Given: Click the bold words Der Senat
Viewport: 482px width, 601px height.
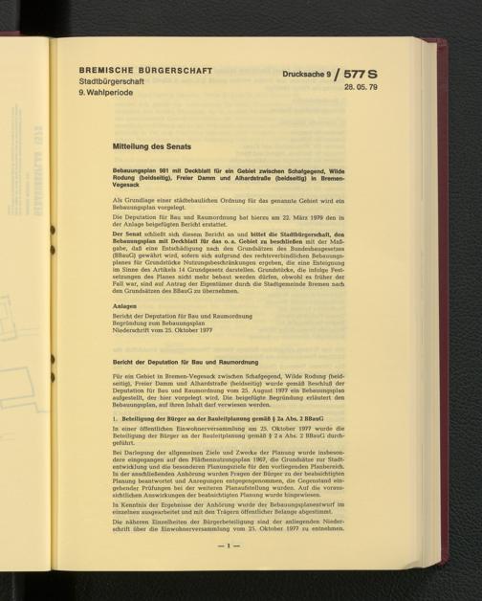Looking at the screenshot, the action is pyautogui.click(x=126, y=234).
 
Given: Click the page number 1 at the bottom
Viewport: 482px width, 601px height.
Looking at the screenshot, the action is pyautogui.click(x=230, y=572).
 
